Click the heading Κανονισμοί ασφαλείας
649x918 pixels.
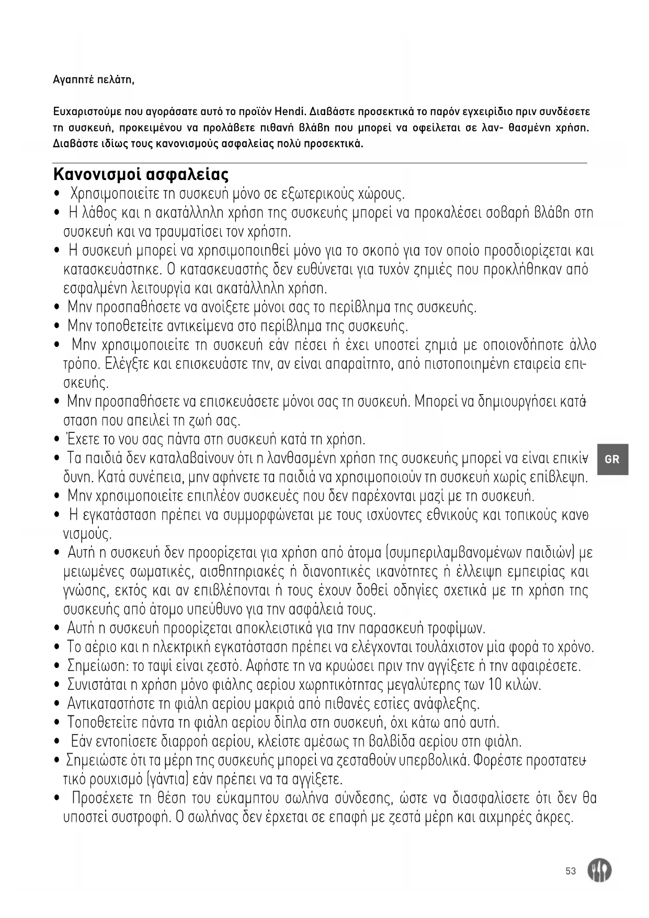pyautogui.click(x=141, y=173)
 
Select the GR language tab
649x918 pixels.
pyautogui.click(x=612, y=460)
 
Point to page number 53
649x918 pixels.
pyautogui.click(x=571, y=871)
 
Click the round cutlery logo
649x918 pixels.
pyautogui.click(x=599, y=870)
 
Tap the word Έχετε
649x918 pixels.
pyautogui.click(x=81, y=439)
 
